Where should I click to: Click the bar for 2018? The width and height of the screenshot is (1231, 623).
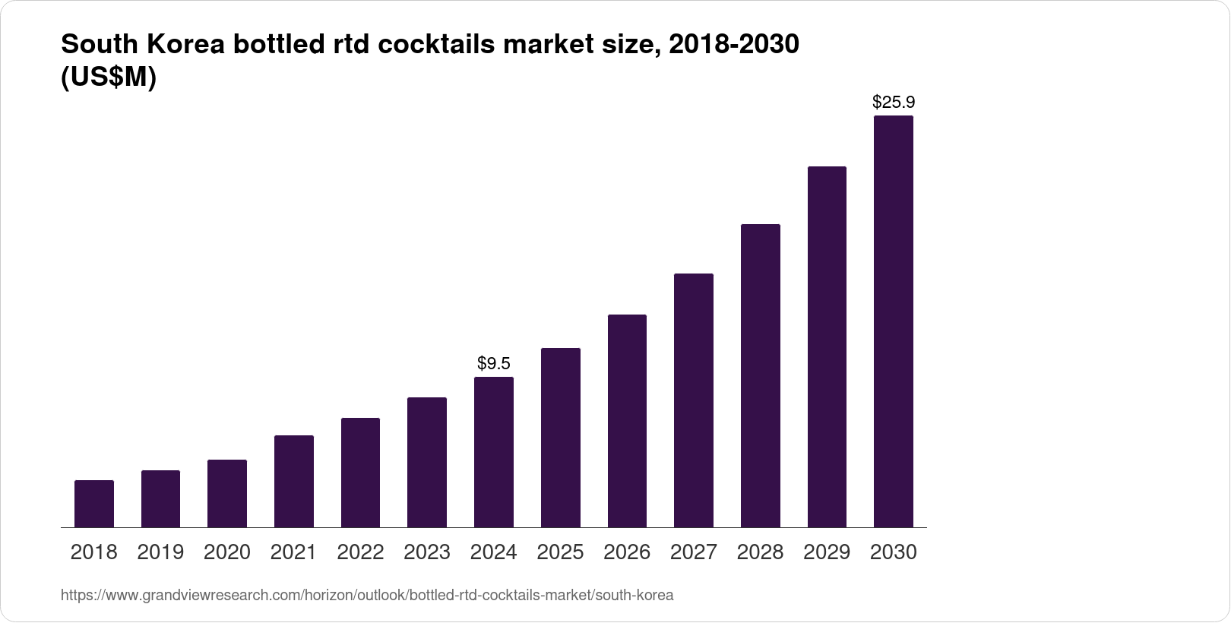click(94, 504)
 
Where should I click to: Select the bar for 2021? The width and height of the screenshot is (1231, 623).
click(293, 481)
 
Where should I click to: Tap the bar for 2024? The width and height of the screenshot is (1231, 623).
click(493, 452)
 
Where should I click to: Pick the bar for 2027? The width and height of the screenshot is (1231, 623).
click(693, 400)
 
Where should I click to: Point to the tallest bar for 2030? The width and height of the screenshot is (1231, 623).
click(893, 321)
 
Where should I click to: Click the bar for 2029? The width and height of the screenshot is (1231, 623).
click(827, 346)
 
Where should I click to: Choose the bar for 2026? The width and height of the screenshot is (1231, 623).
click(627, 421)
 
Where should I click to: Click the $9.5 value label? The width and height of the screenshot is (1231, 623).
click(493, 363)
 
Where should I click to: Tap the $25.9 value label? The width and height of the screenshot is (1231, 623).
click(893, 102)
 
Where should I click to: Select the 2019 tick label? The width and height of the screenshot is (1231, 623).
click(160, 552)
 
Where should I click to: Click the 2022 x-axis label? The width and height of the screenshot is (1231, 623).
click(360, 552)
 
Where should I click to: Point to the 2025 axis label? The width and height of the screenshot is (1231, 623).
click(560, 552)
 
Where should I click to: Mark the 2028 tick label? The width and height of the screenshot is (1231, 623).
click(760, 552)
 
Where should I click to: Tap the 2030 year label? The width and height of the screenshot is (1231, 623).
click(893, 552)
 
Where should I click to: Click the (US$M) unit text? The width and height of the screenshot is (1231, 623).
click(108, 77)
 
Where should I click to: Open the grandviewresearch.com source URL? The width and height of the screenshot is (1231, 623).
click(366, 595)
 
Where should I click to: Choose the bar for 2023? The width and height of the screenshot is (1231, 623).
click(426, 462)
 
